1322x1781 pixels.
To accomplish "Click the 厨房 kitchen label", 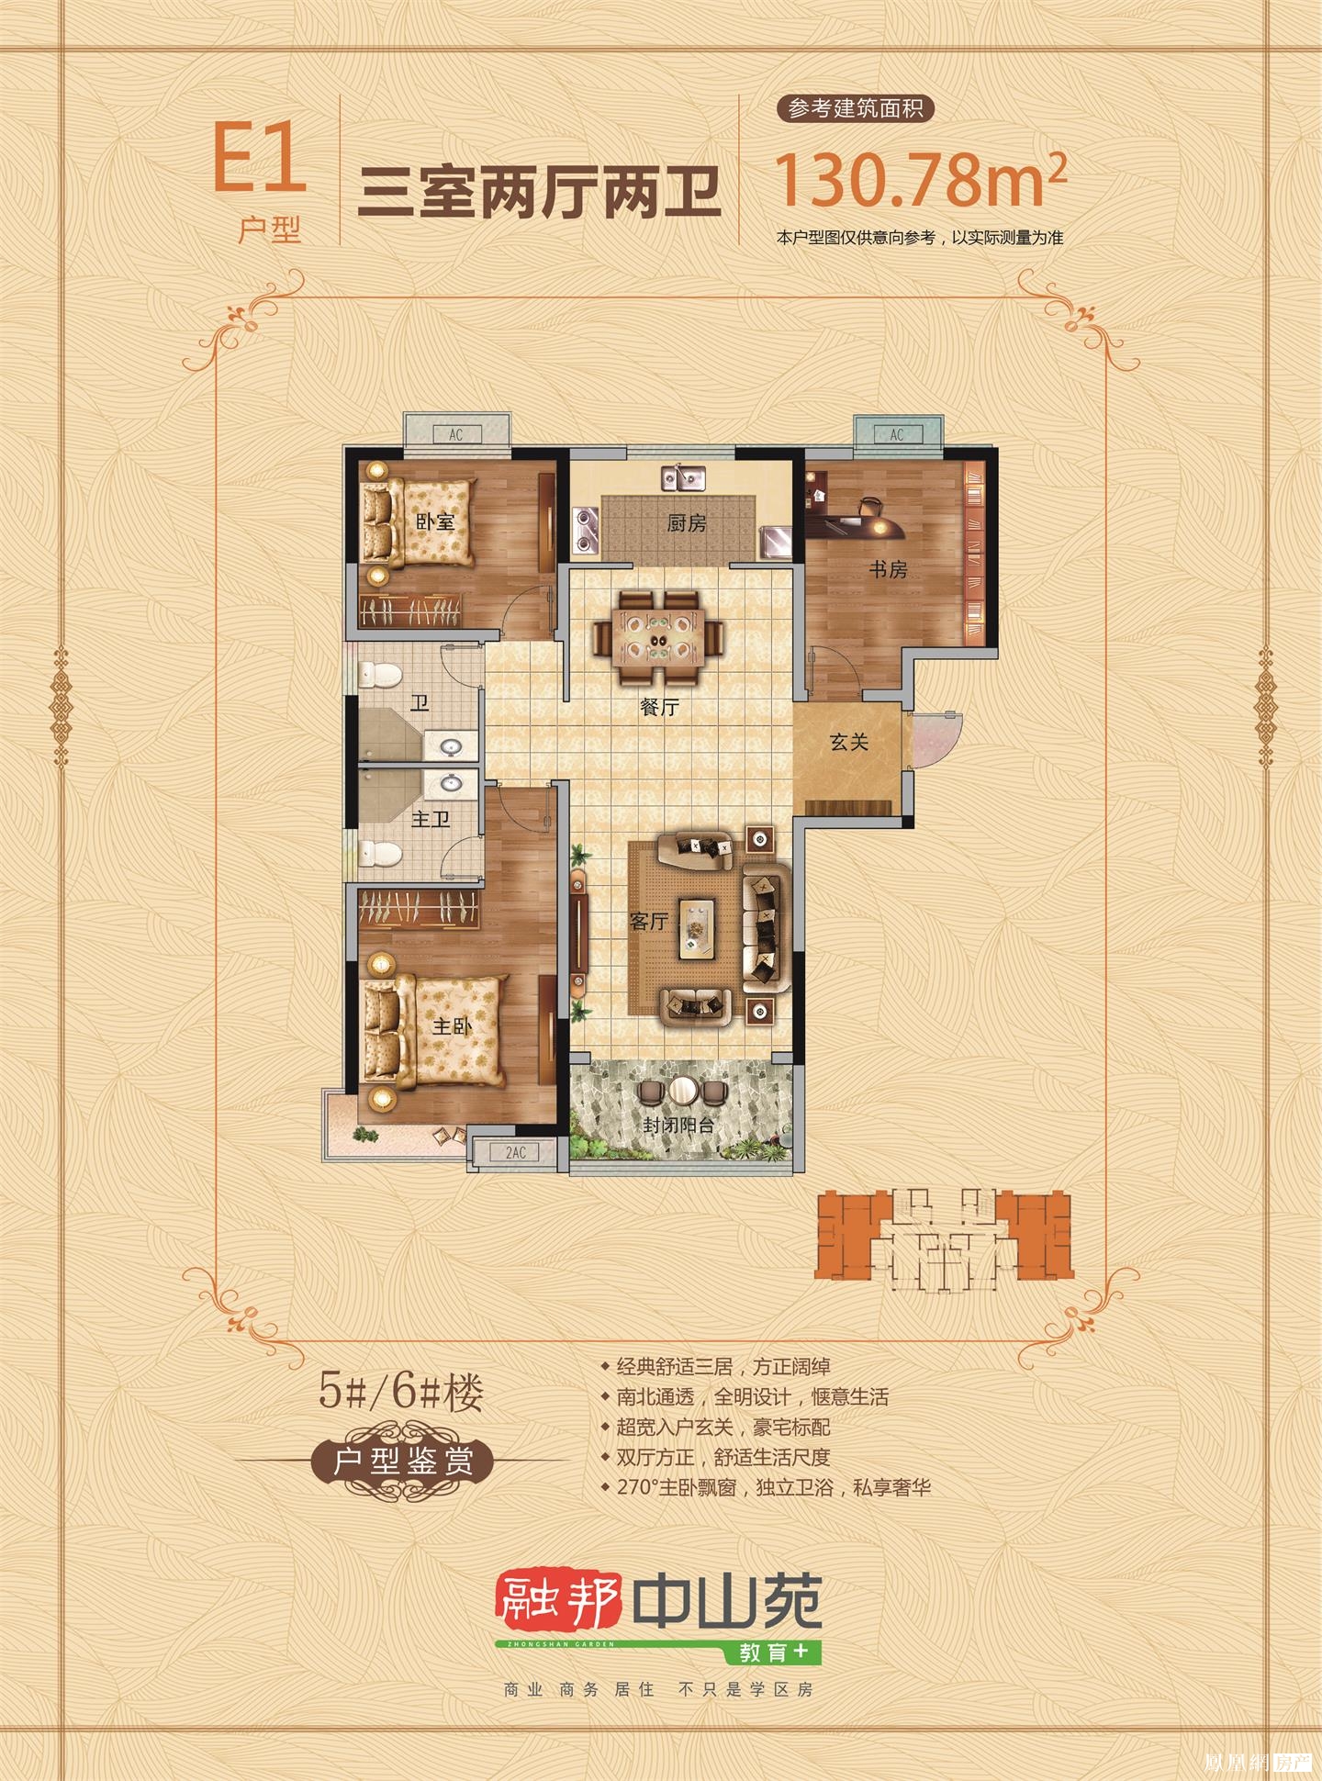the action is (687, 523).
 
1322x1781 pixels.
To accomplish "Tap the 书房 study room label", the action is (888, 570).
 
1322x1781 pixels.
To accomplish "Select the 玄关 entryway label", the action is (848, 742).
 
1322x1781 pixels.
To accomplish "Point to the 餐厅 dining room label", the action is (659, 708).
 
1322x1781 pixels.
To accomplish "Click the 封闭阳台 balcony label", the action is (678, 1125).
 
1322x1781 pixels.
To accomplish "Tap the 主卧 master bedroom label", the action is (452, 1026).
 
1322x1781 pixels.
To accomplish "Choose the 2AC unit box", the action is (515, 1152).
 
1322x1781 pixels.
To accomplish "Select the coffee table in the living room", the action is (697, 929).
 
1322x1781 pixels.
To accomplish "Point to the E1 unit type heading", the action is (259, 159).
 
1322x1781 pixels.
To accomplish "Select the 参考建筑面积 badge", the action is (856, 108).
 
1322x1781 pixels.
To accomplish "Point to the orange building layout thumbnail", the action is (943, 1234).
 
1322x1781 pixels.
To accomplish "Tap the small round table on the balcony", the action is (682, 1091).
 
